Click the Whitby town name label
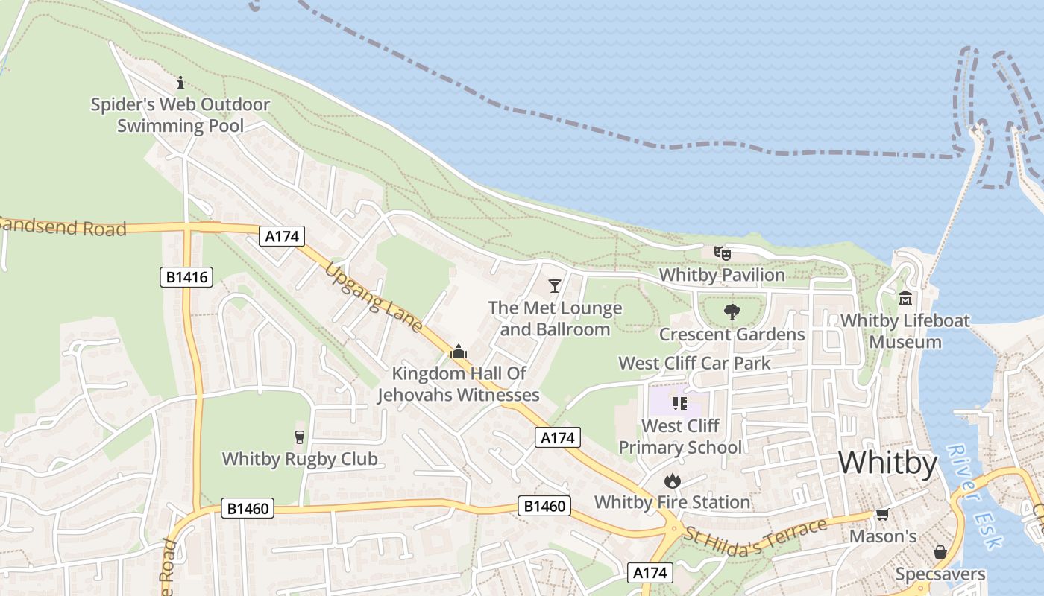pyautogui.click(x=887, y=463)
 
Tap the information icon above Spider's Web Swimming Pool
pyautogui.click(x=180, y=83)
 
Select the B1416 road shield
pyautogui.click(x=186, y=278)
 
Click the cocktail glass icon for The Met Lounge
pyautogui.click(x=554, y=285)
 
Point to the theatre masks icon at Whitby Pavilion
pyautogui.click(x=722, y=253)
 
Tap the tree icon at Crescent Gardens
pyautogui.click(x=732, y=312)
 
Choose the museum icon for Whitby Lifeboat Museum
pyautogui.click(x=905, y=299)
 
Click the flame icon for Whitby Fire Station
pyautogui.click(x=673, y=481)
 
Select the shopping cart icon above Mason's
pyautogui.click(x=883, y=515)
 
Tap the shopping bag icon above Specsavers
pyautogui.click(x=940, y=552)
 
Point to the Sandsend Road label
pyautogui.click(x=63, y=226)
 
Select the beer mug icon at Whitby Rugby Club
pyautogui.click(x=300, y=437)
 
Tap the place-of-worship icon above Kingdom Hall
pyautogui.click(x=459, y=352)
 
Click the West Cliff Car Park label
pyautogui.click(x=694, y=364)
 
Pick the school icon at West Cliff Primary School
pyautogui.click(x=679, y=404)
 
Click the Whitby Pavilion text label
pyautogui.click(x=722, y=275)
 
